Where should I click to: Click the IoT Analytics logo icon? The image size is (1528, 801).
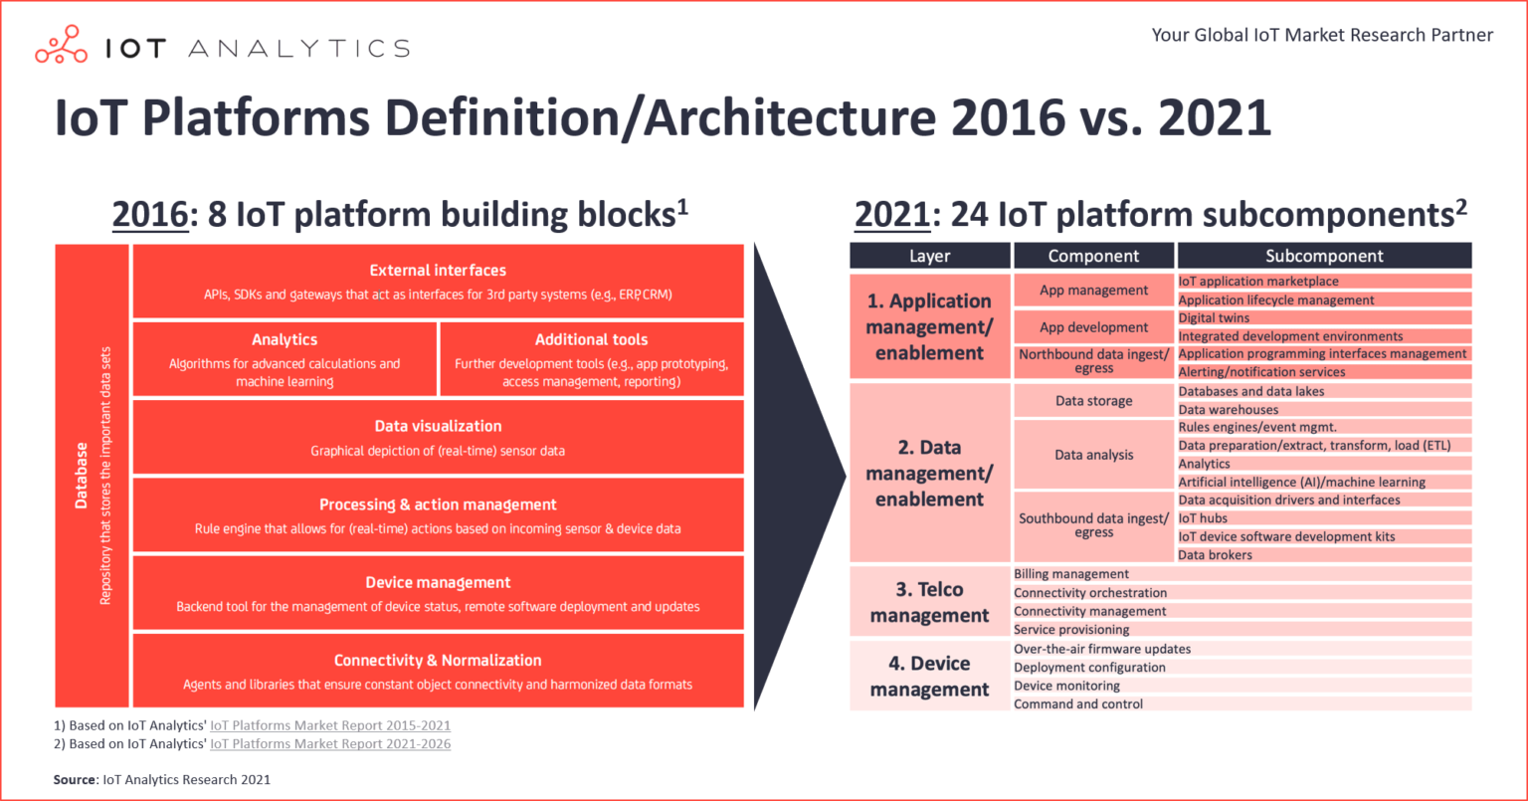[62, 45]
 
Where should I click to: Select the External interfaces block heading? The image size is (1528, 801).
[438, 271]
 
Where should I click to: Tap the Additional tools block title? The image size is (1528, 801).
[592, 339]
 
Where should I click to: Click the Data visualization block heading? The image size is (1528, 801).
[438, 427]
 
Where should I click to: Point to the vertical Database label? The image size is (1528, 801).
[82, 476]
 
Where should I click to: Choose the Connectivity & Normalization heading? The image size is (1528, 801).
[438, 661]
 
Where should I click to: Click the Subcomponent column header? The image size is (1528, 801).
[1324, 256]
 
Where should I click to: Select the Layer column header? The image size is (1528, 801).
[930, 256]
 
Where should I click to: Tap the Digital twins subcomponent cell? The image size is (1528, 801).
[1324, 318]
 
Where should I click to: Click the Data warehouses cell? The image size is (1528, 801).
[1324, 409]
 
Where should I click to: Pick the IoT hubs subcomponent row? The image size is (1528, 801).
[1324, 518]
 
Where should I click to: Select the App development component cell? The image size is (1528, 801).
[1093, 327]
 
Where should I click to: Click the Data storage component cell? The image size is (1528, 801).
[1093, 400]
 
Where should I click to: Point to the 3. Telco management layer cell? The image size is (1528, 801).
[930, 602]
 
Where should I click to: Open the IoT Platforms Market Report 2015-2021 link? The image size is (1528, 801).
[330, 725]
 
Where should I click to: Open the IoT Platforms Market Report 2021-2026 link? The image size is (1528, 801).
[330, 743]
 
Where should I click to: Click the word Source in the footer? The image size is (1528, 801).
[75, 780]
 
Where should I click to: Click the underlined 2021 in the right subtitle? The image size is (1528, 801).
[891, 215]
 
